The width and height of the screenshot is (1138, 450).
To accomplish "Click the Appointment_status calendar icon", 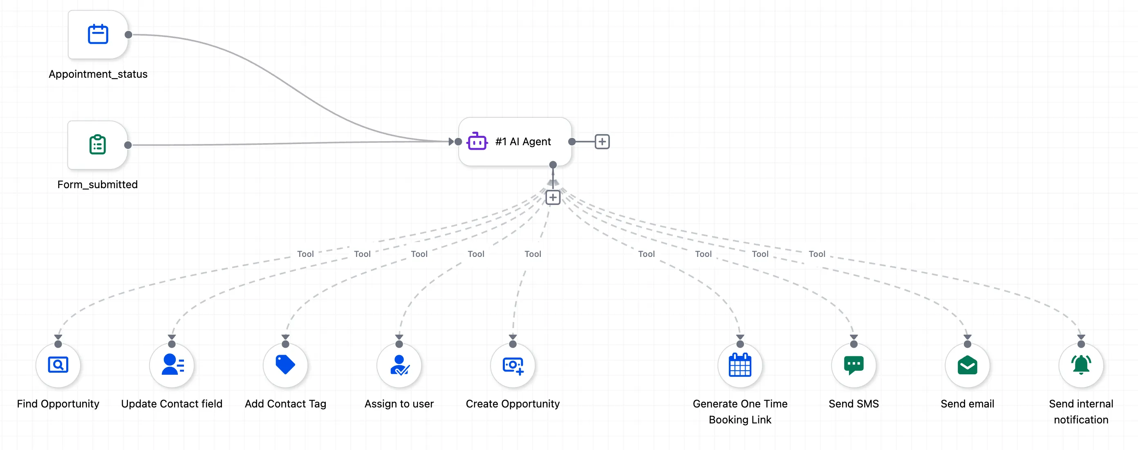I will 98,34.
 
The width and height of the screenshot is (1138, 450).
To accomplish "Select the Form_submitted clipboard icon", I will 97,144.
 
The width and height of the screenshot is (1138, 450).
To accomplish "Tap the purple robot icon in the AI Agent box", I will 477,142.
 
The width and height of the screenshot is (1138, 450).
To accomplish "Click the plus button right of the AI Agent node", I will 602,142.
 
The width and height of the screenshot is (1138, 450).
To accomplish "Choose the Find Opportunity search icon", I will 58,364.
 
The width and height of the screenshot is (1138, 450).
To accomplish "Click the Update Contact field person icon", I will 172,364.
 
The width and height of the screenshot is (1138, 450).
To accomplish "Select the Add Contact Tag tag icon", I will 285,364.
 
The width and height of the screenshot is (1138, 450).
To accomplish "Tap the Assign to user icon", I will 399,364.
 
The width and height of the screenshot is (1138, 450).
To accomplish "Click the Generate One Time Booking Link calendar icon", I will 740,364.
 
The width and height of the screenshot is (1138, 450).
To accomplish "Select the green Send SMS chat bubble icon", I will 853,364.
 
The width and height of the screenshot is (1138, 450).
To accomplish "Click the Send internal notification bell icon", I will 1081,364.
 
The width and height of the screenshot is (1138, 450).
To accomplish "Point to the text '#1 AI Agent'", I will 523,142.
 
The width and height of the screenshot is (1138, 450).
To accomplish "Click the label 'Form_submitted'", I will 97,184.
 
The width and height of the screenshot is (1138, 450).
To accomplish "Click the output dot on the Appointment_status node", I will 128,34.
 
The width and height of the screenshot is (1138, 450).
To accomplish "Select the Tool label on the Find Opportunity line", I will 305,254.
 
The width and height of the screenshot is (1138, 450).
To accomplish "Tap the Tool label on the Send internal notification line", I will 816,254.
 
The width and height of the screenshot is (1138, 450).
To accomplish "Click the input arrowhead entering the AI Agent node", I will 450,142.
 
